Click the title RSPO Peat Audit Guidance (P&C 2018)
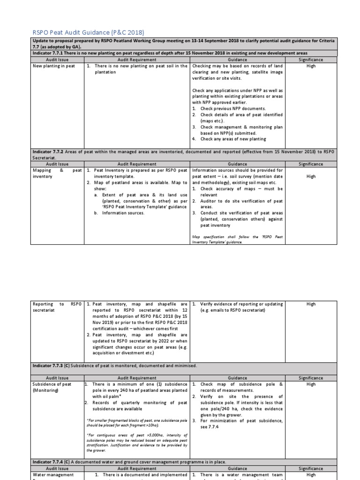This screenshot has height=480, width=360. click(88, 32)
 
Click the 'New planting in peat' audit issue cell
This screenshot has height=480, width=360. click(53, 66)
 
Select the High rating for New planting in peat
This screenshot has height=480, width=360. click(311, 66)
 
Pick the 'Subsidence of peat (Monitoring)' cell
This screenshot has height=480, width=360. click(52, 387)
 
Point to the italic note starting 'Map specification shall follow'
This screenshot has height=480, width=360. click(237, 239)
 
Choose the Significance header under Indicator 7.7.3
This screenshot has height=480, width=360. click(311, 378)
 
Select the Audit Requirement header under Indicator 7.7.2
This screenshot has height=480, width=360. click(138, 164)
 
